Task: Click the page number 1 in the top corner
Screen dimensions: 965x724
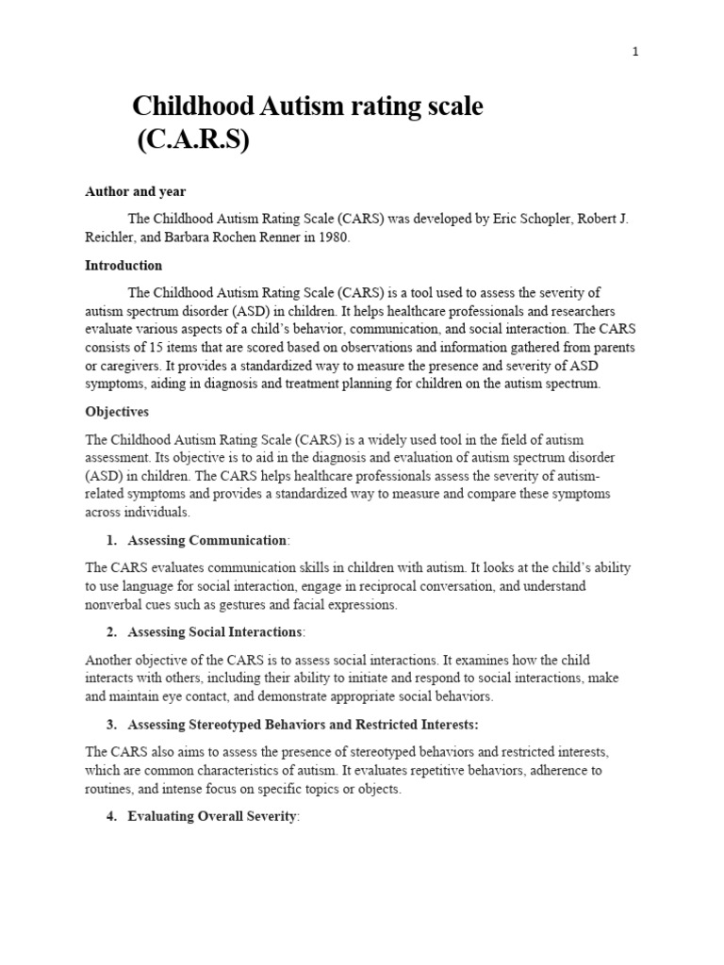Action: pos(635,52)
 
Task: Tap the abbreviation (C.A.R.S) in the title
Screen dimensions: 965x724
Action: pos(193,141)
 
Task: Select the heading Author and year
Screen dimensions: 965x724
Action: pos(136,191)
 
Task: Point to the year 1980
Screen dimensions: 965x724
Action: pos(332,237)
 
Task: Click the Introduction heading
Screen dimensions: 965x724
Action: pos(123,266)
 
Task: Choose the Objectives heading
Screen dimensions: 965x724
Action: pos(117,413)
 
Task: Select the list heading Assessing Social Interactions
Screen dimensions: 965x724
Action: pos(215,631)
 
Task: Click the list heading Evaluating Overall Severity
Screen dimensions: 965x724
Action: pos(212,816)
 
